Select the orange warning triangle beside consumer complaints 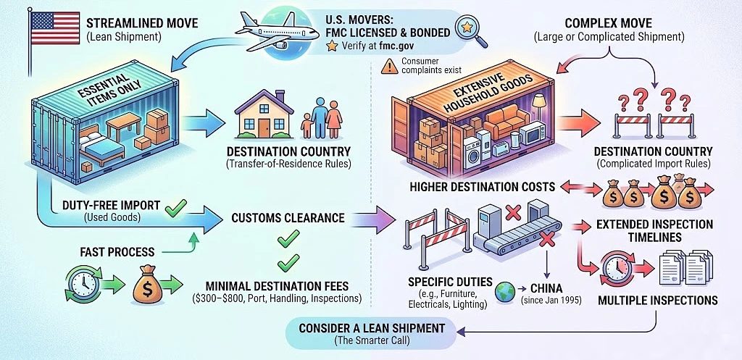389,67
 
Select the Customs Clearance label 288,217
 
